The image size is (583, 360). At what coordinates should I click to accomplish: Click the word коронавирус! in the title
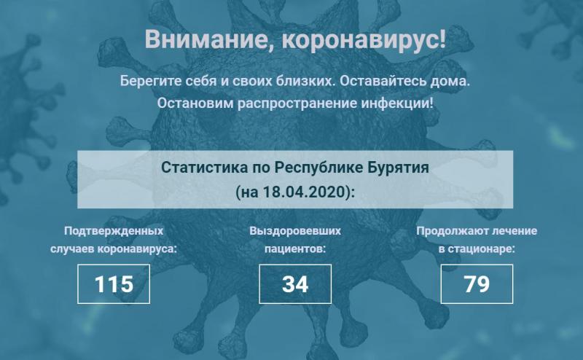tap(363, 39)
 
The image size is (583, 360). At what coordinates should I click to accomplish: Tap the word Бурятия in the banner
tap(398, 168)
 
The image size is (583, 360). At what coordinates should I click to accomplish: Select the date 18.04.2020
tap(305, 192)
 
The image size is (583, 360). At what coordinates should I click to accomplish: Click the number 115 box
tap(114, 284)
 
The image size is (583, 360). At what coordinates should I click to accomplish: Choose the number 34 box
tap(295, 284)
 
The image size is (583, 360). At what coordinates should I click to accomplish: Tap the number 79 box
tap(477, 284)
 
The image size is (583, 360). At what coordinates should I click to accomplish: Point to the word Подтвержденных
tap(114, 231)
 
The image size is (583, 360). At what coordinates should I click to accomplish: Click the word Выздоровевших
tap(295, 231)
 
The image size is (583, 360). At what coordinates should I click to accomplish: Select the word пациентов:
tap(295, 249)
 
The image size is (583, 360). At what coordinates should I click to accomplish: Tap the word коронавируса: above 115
tap(137, 249)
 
